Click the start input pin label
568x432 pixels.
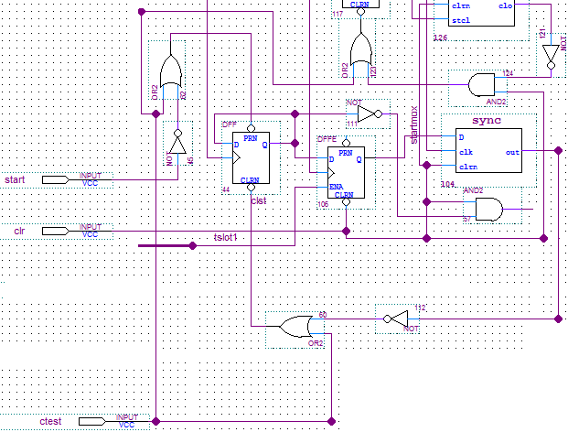coord(15,178)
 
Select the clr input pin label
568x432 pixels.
coord(18,231)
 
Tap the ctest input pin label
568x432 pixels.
coord(50,421)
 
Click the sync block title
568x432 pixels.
coord(487,122)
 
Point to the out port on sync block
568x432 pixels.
coord(512,152)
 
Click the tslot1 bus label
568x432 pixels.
coord(225,237)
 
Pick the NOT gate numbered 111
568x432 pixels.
coord(367,114)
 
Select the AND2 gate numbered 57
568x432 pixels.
coord(484,211)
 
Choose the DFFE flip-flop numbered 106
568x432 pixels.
coord(346,171)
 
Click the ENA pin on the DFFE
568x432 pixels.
coord(337,186)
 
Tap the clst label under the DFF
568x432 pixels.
coord(258,200)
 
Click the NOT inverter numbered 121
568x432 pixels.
coord(549,58)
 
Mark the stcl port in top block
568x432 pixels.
coord(461,19)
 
